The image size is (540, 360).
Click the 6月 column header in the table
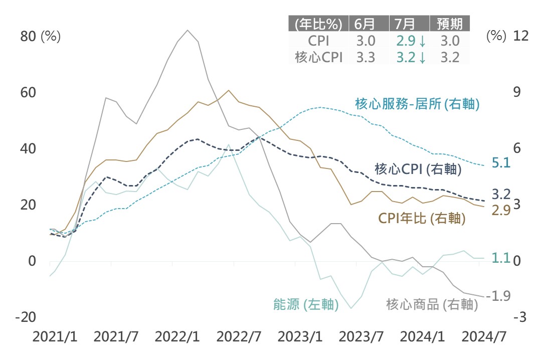click(x=365, y=24)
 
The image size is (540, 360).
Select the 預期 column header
click(x=450, y=24)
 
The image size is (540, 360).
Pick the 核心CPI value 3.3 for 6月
click(x=365, y=57)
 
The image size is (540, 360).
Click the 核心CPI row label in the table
click(x=319, y=57)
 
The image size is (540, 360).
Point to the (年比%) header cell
click(x=319, y=24)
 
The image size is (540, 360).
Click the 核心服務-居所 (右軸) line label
click(x=418, y=104)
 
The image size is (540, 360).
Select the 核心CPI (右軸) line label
click(x=418, y=169)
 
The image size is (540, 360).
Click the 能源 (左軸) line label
click(x=305, y=304)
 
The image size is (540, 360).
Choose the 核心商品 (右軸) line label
click(x=429, y=304)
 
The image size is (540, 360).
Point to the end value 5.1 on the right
click(x=501, y=162)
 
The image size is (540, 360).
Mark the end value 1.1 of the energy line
click(x=501, y=258)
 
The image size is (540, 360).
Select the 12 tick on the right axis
click(x=521, y=36)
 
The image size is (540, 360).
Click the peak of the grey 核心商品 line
click(x=188, y=30)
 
